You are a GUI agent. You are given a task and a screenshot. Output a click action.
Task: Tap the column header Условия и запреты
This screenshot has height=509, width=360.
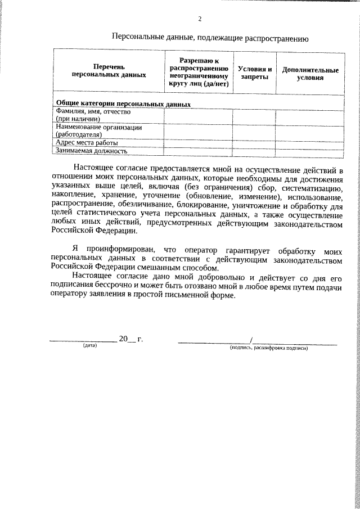251,73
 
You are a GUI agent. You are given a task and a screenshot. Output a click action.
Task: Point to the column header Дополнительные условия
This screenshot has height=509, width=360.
310,74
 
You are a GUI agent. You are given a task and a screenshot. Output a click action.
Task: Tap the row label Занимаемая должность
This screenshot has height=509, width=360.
91,151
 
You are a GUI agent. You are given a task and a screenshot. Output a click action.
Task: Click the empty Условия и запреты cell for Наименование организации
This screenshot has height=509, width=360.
251,131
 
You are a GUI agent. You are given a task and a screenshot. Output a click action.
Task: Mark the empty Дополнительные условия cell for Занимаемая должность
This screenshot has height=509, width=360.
310,151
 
